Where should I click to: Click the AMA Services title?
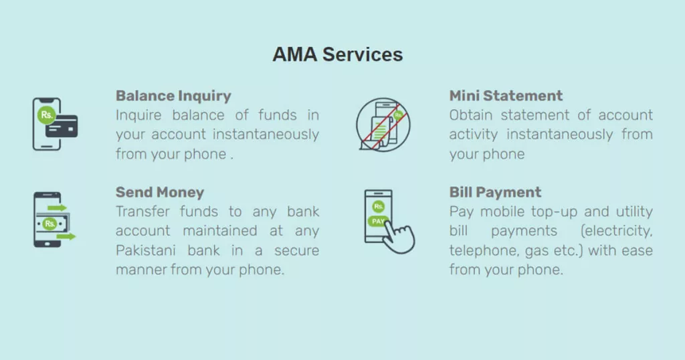point(338,55)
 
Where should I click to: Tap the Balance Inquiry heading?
point(173,96)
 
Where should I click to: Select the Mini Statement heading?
point(506,96)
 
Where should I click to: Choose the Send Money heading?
point(160,193)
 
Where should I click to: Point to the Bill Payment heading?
point(495,193)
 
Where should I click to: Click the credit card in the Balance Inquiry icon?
point(62,126)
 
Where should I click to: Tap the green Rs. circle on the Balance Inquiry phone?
point(46,115)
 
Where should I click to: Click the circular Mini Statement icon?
point(383,124)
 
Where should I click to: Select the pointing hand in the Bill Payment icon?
point(399,236)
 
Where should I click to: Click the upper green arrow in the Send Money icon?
point(58,208)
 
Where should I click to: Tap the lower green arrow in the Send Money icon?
point(66,236)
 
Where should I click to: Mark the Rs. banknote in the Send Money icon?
point(52,223)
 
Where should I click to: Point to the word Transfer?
point(142,211)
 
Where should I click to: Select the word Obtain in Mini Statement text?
point(468,115)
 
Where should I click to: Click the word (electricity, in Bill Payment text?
point(616,231)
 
